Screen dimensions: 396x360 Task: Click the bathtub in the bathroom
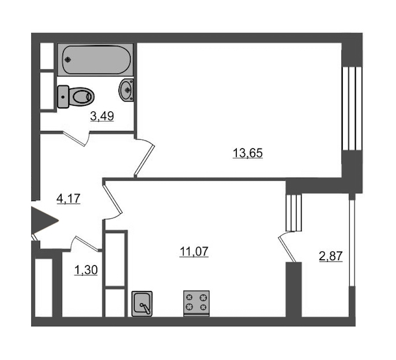click(95, 60)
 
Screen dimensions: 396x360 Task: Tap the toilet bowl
click(81, 96)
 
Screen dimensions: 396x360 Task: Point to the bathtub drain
click(67, 59)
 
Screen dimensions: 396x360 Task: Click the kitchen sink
click(142, 304)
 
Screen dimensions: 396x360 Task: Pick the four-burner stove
click(196, 303)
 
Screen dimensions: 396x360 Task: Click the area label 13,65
click(247, 153)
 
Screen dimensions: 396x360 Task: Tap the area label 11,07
click(194, 251)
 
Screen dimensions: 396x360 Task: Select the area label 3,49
click(102, 116)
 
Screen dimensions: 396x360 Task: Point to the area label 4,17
click(69, 198)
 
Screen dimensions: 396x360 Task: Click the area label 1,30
click(86, 270)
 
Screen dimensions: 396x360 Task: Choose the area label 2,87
click(331, 256)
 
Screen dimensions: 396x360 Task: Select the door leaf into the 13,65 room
click(144, 160)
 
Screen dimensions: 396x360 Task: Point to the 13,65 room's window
click(352, 109)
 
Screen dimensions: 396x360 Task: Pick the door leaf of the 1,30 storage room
click(87, 244)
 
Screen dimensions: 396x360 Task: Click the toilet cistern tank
click(63, 97)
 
